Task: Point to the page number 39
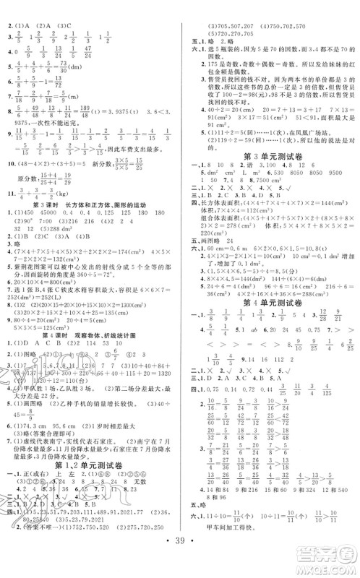[180, 560]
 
